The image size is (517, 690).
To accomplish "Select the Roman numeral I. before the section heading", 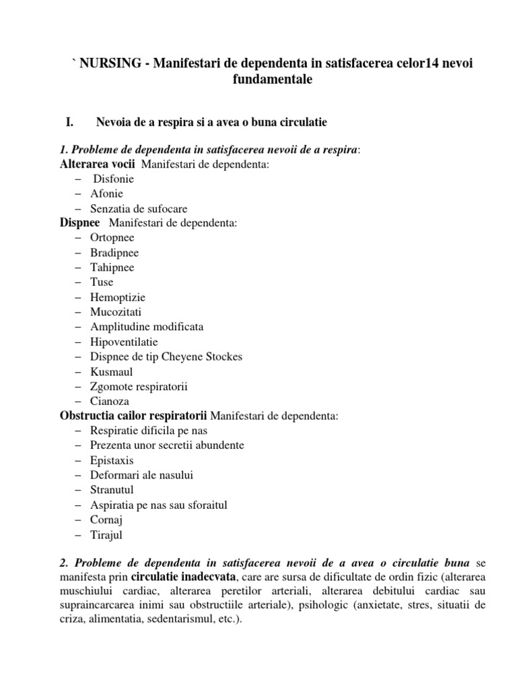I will [68, 122].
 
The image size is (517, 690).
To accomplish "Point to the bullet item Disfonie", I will [114, 179].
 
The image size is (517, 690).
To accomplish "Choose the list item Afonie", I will [107, 194].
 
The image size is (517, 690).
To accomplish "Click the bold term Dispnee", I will [80, 223].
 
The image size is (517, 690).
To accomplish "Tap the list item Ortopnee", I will [112, 238].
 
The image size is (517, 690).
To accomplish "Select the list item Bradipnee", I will [114, 253].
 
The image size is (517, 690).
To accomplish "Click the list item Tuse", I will [102, 282].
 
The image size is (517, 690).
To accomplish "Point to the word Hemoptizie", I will [118, 297].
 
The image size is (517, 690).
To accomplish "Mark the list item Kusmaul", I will [112, 371].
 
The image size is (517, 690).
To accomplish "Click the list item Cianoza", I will [110, 401].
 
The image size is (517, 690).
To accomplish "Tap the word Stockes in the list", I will [221, 356].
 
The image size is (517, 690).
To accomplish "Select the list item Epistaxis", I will [111, 460].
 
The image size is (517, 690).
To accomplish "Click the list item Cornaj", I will [106, 520].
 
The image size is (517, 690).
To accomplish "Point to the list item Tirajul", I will [108, 535].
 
